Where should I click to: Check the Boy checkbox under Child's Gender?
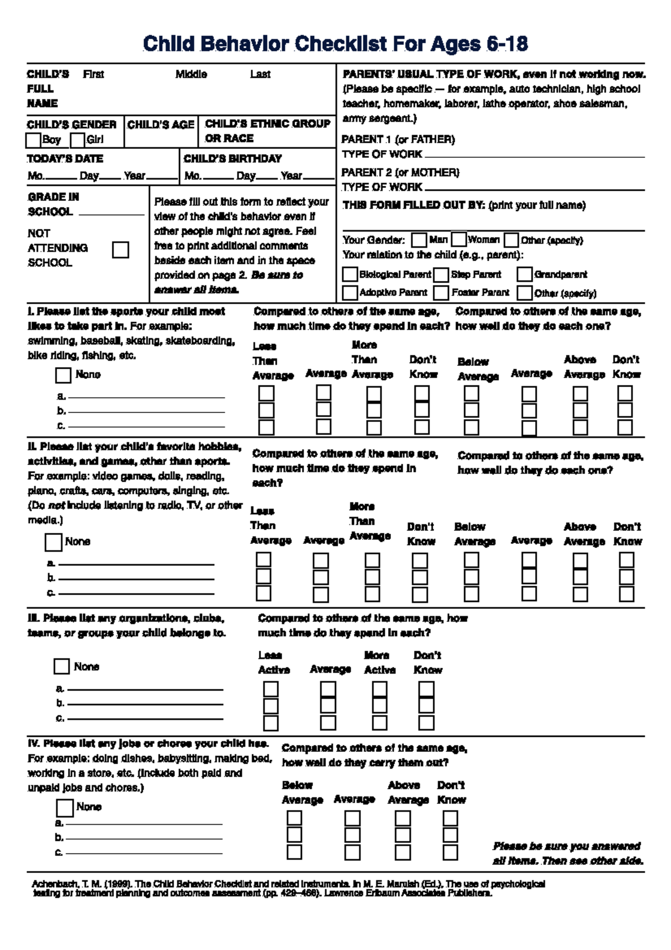34,140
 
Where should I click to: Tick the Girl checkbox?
78,140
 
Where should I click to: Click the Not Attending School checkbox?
120,250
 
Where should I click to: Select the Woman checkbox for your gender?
459,240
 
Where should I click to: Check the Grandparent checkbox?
524,275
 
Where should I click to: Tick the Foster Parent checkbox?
442,293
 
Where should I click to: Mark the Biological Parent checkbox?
350,275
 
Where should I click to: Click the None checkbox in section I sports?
63,375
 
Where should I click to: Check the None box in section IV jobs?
65,808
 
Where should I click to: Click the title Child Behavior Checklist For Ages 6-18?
335,44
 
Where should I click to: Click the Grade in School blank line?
112,214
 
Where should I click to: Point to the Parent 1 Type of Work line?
534,156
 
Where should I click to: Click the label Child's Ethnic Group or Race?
267,131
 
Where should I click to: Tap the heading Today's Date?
65,159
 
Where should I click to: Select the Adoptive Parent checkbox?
350,293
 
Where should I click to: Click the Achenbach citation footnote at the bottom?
288,888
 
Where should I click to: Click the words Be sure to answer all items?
229,282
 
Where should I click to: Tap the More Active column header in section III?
380,662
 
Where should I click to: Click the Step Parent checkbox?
442,275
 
